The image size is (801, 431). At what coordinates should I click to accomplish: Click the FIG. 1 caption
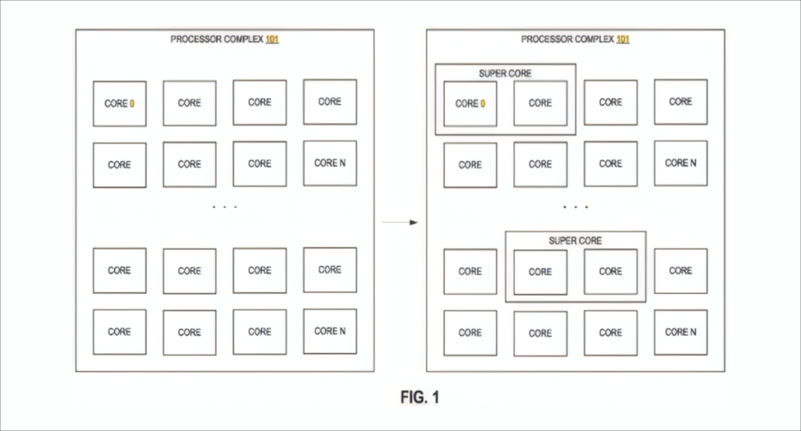coord(420,397)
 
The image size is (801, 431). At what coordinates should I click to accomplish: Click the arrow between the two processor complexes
coord(400,222)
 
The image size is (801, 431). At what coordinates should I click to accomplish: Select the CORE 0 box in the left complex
coord(119,103)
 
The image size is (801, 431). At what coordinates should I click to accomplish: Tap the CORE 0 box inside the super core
coord(470,103)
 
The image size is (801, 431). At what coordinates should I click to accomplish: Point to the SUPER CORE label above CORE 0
coord(505,73)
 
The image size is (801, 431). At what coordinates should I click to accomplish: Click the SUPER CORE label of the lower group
coord(574,241)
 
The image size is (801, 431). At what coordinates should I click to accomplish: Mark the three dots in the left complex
coord(224,207)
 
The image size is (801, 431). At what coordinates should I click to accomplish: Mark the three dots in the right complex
coord(575,207)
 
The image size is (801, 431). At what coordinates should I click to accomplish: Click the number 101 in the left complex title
coord(272,39)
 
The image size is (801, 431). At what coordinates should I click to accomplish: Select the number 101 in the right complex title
coord(622,39)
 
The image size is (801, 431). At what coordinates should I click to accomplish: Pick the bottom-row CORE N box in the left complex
coord(330,331)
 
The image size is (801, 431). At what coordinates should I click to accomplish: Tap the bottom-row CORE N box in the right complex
coord(680,332)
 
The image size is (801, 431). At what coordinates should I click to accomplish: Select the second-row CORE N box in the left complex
coord(330,163)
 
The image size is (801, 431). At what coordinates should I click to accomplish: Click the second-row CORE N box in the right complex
coord(680,163)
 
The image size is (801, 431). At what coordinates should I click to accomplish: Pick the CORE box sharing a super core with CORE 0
coord(540,103)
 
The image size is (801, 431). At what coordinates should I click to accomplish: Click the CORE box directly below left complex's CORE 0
coord(119,165)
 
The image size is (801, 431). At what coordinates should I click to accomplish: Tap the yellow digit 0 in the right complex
coord(483,103)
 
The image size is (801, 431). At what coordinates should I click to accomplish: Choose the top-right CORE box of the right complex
coord(680,102)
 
